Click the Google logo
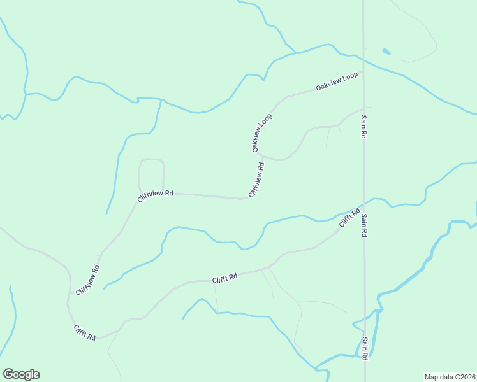tap(21, 374)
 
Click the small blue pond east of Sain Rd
tap(386, 51)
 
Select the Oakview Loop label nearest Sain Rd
tap(337, 81)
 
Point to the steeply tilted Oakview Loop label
tap(261, 132)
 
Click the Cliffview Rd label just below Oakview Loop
tap(256, 180)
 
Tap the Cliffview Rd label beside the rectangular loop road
tap(155, 193)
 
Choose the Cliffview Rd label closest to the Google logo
tap(87, 279)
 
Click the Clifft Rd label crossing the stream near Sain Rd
tap(349, 217)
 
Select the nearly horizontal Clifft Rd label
tap(224, 278)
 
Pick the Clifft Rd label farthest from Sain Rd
tap(84, 332)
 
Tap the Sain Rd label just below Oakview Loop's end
tap(363, 127)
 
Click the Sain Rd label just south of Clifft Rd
tap(364, 225)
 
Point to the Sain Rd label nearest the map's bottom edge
tap(365, 349)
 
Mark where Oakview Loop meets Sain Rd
tap(363, 72)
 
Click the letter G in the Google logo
tap(8, 374)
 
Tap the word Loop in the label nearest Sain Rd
tap(350, 78)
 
